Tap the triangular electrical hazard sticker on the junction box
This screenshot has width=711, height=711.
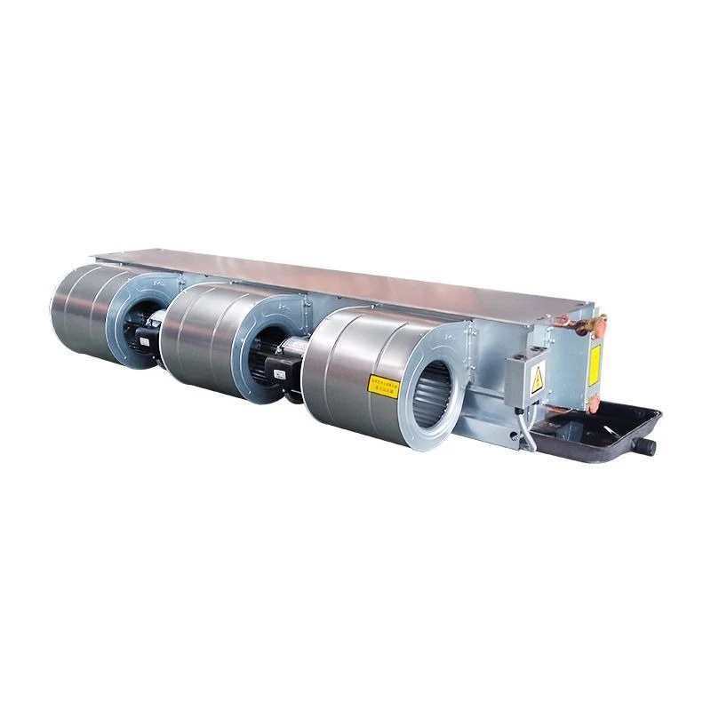(x=537, y=381)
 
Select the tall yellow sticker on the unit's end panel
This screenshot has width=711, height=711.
(x=594, y=365)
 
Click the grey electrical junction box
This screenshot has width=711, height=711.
(x=524, y=378)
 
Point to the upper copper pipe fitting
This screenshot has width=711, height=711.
(x=590, y=326)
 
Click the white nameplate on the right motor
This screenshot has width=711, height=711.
(x=278, y=375)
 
